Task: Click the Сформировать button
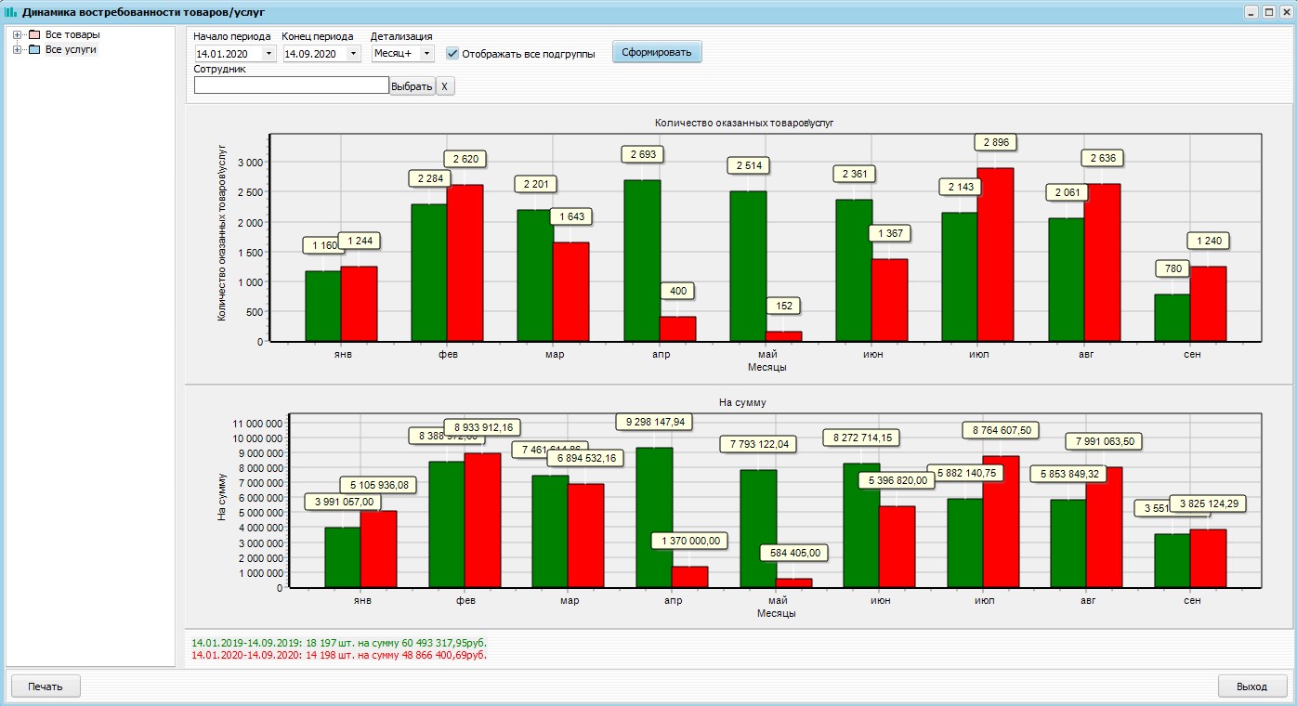657,52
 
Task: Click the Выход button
1251,686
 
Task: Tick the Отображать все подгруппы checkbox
452,54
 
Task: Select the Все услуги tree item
71,49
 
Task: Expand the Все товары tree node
18,34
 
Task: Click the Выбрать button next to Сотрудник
412,86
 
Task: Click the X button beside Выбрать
444,86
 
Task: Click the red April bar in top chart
677,329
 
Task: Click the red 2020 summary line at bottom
338,655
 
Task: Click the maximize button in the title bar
1268,12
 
